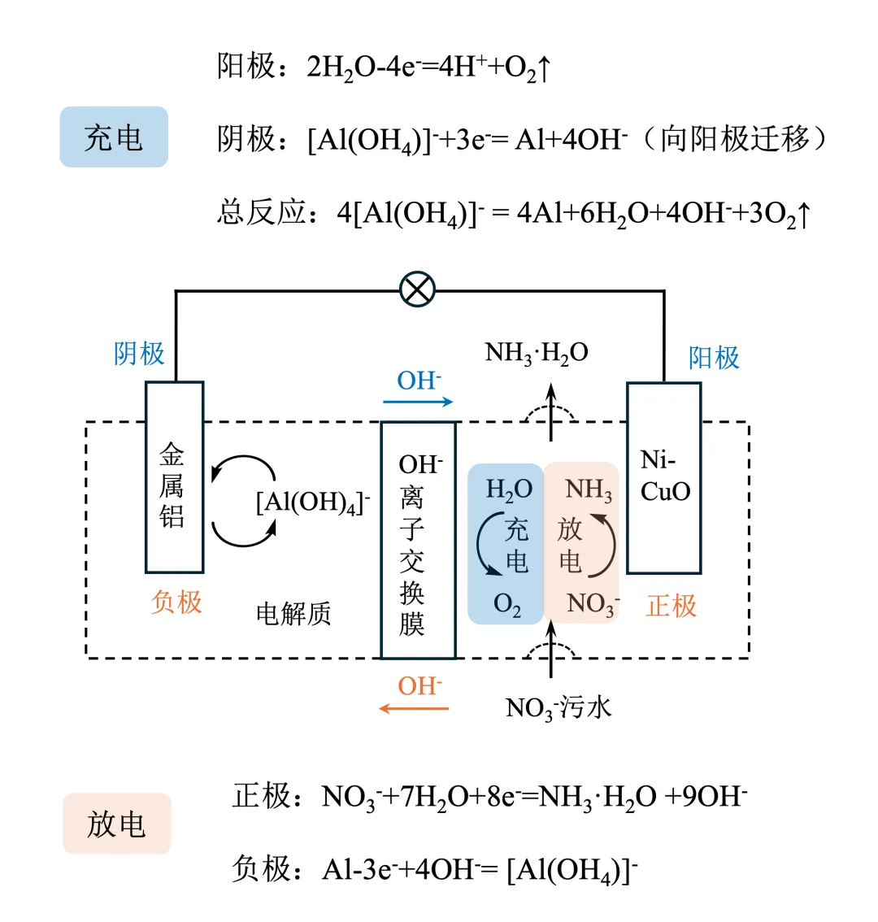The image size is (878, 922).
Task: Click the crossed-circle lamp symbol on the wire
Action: point(418,289)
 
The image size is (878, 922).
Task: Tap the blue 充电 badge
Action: point(114,137)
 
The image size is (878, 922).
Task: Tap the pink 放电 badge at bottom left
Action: point(116,824)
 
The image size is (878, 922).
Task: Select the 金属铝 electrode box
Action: point(174,477)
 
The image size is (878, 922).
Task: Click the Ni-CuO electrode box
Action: point(664,477)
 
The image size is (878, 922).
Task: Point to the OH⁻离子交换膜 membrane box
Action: point(418,541)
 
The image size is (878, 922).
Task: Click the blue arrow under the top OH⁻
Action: point(418,402)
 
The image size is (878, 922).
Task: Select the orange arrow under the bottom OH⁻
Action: point(415,709)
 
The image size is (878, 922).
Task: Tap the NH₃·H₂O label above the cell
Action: point(537,353)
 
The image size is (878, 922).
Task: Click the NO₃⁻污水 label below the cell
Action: point(558,708)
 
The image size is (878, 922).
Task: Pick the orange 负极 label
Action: point(176,602)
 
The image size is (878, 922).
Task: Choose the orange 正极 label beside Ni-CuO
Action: point(672,606)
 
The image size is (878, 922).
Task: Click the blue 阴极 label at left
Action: point(139,354)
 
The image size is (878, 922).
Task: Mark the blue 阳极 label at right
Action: point(714,358)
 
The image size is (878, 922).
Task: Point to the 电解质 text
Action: point(293,614)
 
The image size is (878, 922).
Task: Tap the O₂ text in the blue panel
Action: point(507,605)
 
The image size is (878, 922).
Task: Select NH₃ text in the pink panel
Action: point(589,490)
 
